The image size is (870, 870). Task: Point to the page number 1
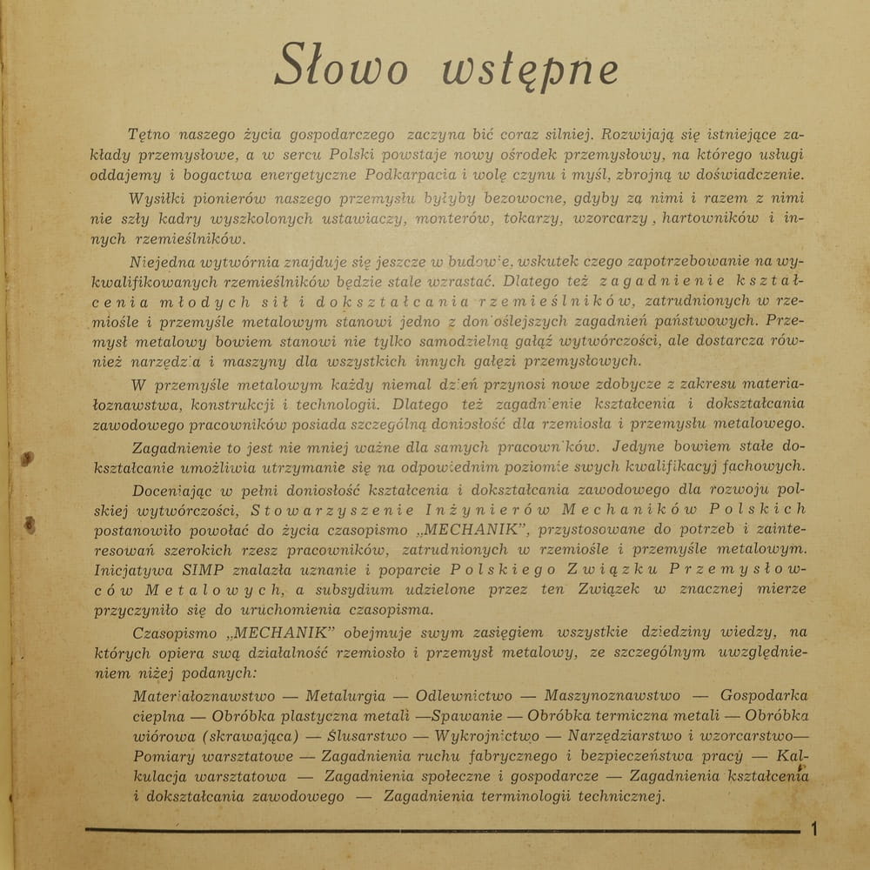[814, 829]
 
